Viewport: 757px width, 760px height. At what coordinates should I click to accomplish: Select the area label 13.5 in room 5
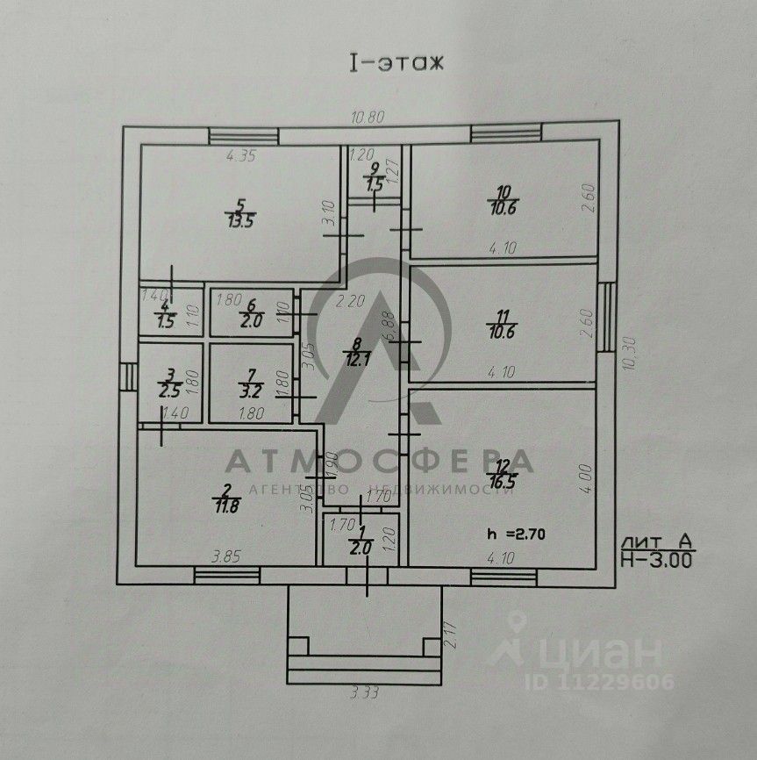(235, 219)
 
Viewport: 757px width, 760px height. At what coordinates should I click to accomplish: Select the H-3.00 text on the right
(655, 556)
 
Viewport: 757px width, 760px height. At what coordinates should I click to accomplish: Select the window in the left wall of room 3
(130, 377)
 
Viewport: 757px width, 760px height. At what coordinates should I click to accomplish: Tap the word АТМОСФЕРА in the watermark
(379, 462)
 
